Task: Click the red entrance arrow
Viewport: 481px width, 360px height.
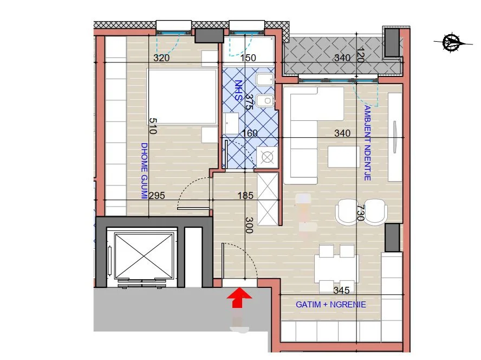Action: point(238,298)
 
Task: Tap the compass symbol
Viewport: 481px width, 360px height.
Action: point(451,42)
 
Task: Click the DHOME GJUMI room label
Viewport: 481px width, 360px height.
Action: point(144,171)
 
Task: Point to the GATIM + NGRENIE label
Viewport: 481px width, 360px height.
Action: point(330,305)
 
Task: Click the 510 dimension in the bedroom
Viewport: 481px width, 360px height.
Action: point(153,126)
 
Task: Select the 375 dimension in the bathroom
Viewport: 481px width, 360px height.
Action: point(249,102)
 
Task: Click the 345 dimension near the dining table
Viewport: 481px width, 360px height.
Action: point(342,290)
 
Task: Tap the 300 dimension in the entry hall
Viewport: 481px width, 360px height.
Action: point(249,225)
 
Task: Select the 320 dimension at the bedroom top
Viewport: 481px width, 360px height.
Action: point(161,58)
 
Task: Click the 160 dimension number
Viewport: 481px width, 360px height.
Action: point(250,133)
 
